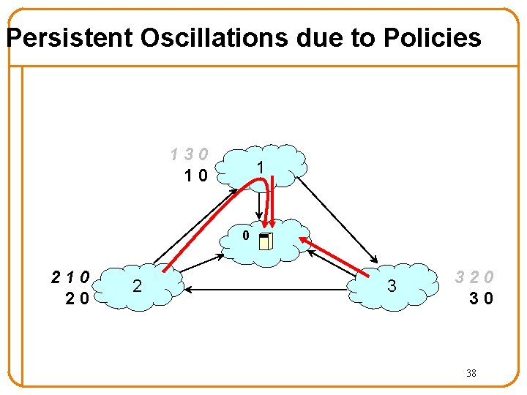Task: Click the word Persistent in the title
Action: tap(69, 37)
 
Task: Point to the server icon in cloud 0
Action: tap(266, 241)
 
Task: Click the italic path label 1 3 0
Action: tap(190, 154)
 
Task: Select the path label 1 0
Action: tap(196, 175)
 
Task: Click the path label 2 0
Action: tap(76, 298)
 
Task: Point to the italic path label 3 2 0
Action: tap(474, 277)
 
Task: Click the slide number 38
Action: tap(471, 373)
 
